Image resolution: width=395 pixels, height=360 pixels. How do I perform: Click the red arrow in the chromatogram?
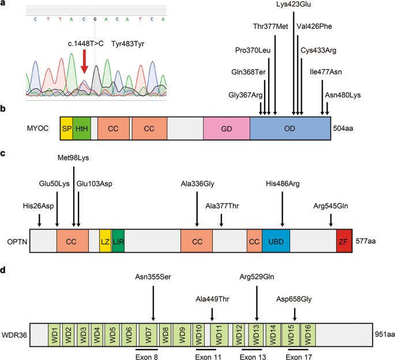click(x=85, y=61)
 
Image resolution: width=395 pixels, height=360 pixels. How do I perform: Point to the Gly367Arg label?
click(x=245, y=95)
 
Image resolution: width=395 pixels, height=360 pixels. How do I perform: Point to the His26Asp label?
click(x=39, y=205)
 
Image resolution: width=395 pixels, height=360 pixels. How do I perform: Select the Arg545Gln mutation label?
click(x=331, y=205)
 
